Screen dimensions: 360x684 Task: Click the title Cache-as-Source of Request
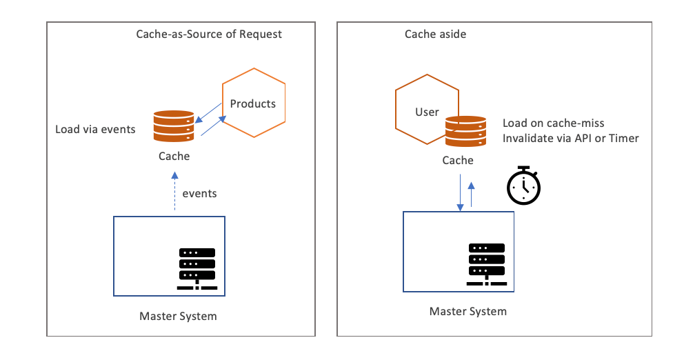pyautogui.click(x=209, y=34)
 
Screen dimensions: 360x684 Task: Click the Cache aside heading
pyautogui.click(x=434, y=34)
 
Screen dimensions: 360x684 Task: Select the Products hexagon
pyautogui.click(x=253, y=103)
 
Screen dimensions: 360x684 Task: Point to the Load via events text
pyautogui.click(x=96, y=129)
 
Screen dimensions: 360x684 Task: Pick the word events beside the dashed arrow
pyautogui.click(x=199, y=193)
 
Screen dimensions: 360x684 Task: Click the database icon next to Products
pyautogui.click(x=174, y=126)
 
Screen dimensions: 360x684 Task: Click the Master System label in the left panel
pyautogui.click(x=178, y=317)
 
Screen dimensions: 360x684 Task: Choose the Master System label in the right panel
pyautogui.click(x=467, y=311)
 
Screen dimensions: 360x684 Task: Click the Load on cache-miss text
pyautogui.click(x=553, y=123)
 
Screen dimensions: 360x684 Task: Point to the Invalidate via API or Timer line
pyautogui.click(x=570, y=138)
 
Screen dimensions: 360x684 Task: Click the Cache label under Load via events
pyautogui.click(x=174, y=157)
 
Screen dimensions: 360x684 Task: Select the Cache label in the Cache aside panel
pyautogui.click(x=458, y=161)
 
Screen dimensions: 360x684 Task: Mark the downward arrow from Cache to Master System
pyautogui.click(x=460, y=193)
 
